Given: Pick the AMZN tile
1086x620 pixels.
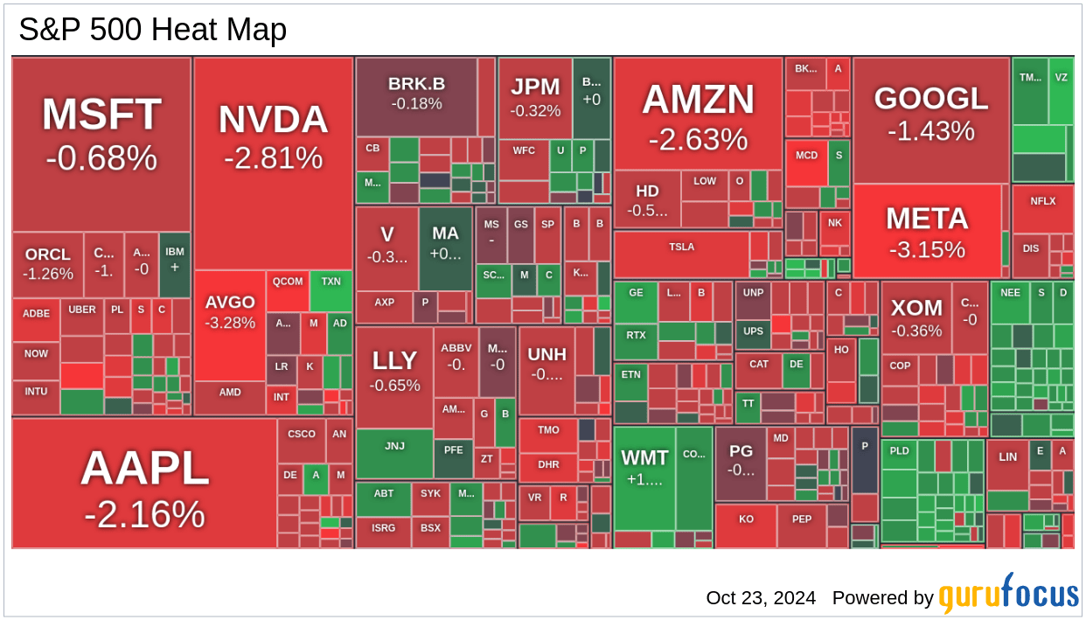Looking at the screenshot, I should coord(698,116).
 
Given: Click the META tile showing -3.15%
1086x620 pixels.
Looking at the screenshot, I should coord(927,232).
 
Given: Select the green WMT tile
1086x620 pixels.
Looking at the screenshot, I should coord(644,468).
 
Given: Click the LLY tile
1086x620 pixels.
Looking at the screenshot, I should coord(394,372).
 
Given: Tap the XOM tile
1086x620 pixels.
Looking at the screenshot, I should coord(916,317).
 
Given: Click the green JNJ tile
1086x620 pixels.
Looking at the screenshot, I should coord(394,447).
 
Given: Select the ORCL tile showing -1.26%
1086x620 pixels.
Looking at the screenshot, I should coord(48,263).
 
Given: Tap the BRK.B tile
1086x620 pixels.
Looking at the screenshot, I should coord(416,93).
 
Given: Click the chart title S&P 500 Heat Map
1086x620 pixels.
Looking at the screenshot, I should coord(153,31).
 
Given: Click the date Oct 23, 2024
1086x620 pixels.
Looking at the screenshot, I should coord(761,598).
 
